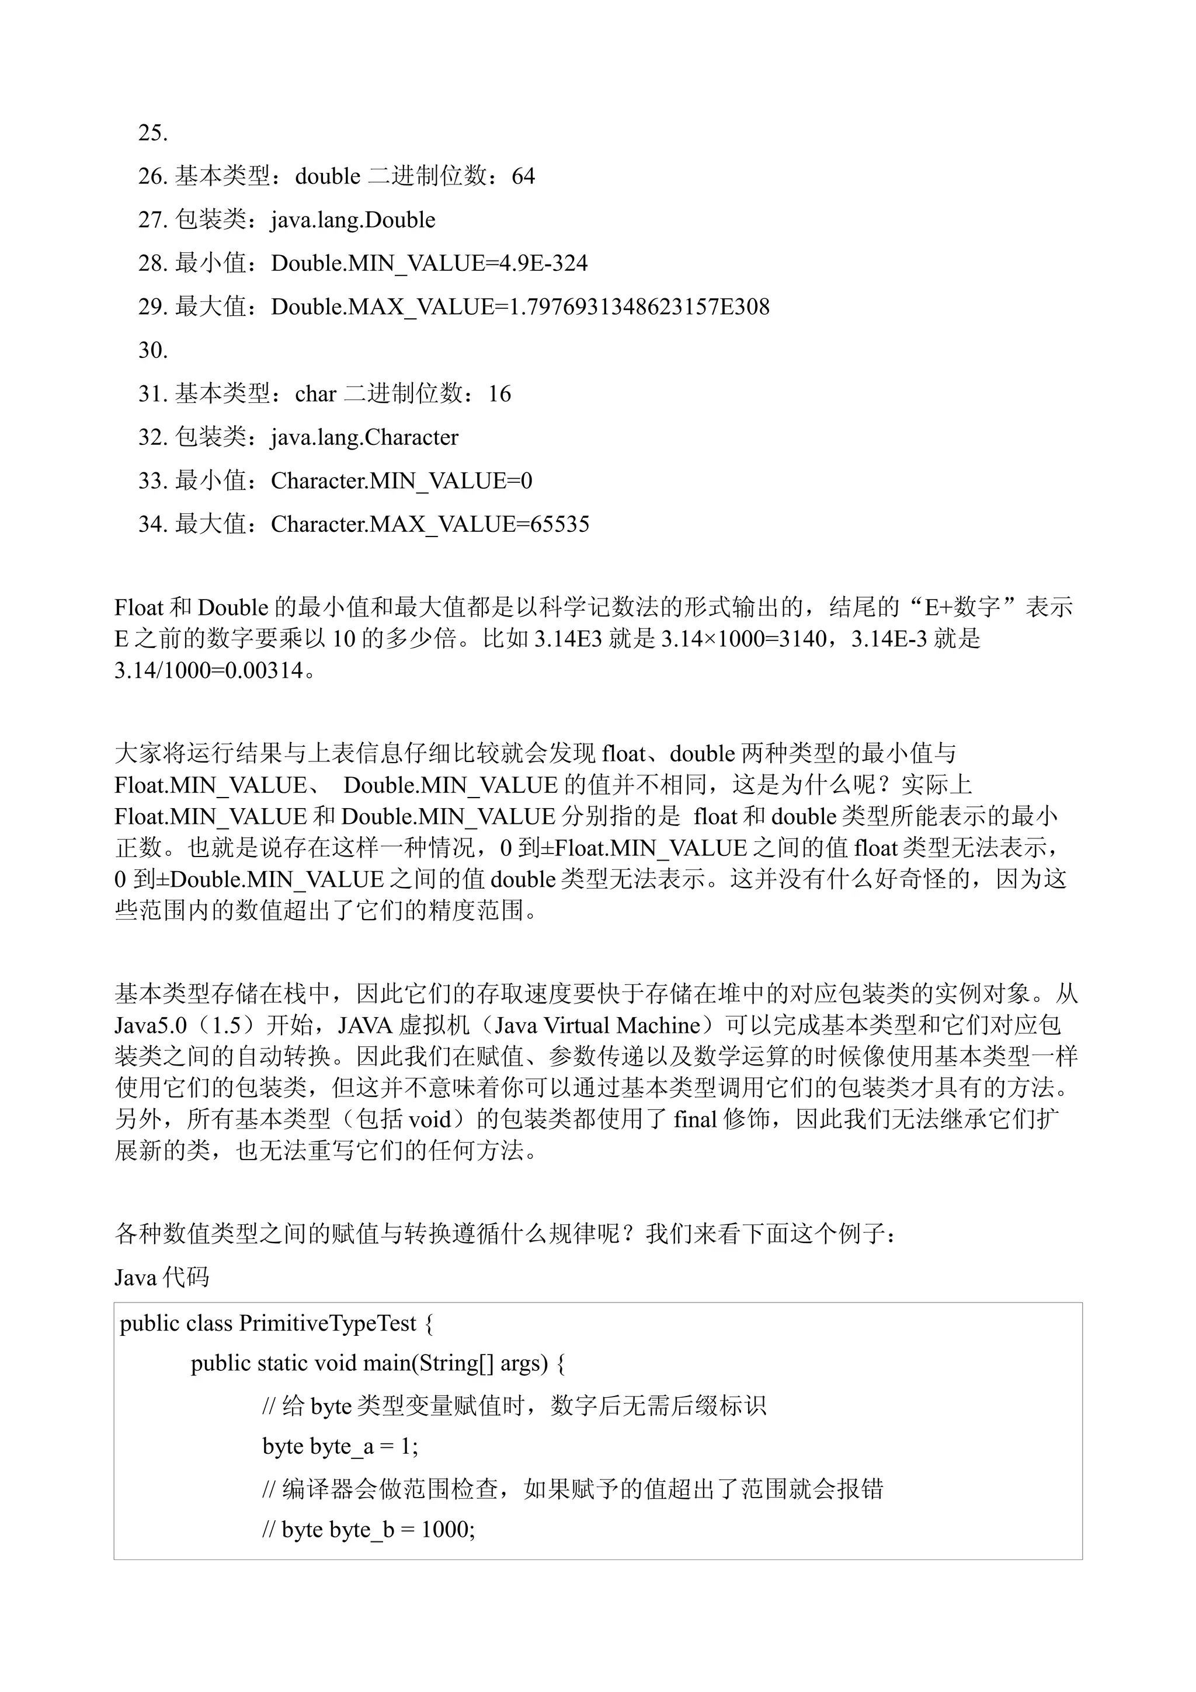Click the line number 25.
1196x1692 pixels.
pos(152,133)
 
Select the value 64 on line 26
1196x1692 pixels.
pos(523,177)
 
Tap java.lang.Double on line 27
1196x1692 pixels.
pos(353,220)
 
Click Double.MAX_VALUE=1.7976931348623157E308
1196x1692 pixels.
pos(520,307)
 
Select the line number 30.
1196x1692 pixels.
pos(152,351)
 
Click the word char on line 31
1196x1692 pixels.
pos(315,394)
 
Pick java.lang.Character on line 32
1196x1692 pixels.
pos(364,438)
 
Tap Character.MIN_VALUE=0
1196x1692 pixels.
pos(401,481)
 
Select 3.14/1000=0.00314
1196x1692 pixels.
pos(209,671)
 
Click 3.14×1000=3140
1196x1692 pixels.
pos(743,639)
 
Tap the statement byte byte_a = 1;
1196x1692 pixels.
pos(340,1447)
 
